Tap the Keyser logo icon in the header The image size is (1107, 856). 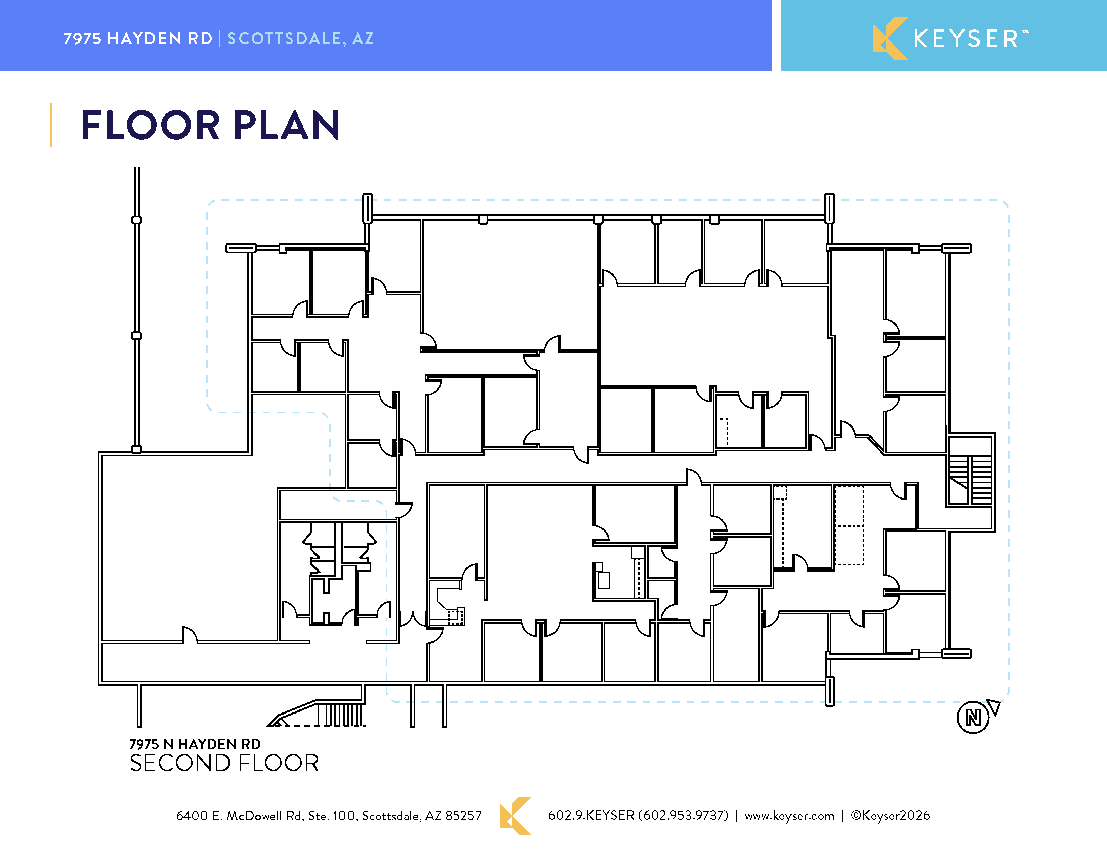pos(890,39)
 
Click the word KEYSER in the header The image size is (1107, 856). pos(967,39)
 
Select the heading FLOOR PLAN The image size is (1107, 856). pos(210,125)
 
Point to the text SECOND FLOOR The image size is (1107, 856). pos(224,763)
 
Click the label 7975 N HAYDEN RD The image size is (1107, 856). pos(195,744)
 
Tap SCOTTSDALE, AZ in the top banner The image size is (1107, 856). pos(300,39)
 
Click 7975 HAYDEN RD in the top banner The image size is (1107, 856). pos(138,39)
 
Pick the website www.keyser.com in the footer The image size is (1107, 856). pos(789,815)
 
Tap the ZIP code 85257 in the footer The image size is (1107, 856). pos(463,815)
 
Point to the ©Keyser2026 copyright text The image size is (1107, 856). pos(891,815)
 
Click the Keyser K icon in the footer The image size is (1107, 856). pos(515,815)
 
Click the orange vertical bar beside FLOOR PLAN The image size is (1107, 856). pos(51,125)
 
